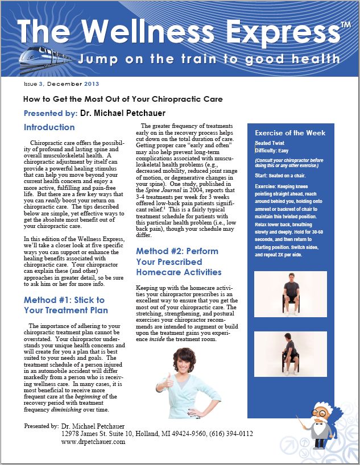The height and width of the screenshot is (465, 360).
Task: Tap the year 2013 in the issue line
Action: coord(91,84)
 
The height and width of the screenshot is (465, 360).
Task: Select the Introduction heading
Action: coord(49,127)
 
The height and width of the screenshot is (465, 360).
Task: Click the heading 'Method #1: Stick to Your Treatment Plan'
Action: coord(64,305)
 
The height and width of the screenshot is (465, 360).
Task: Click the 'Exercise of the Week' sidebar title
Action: coord(290,133)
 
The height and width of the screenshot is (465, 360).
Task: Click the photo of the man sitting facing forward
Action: coord(291,293)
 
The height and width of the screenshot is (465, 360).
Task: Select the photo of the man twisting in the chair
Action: coord(291,354)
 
